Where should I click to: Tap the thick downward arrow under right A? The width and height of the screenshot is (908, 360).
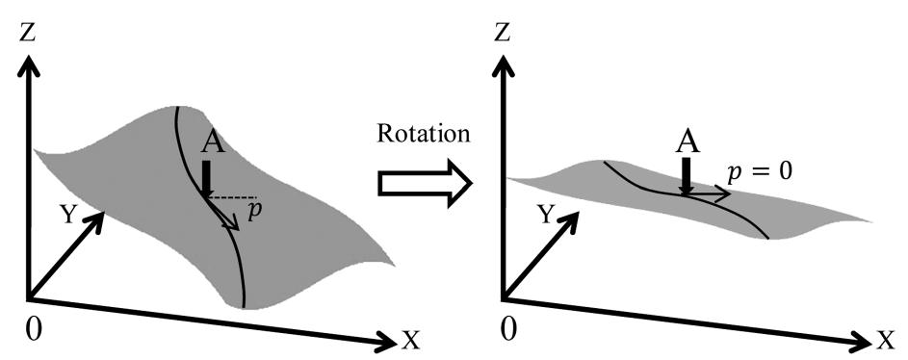pos(685,176)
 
